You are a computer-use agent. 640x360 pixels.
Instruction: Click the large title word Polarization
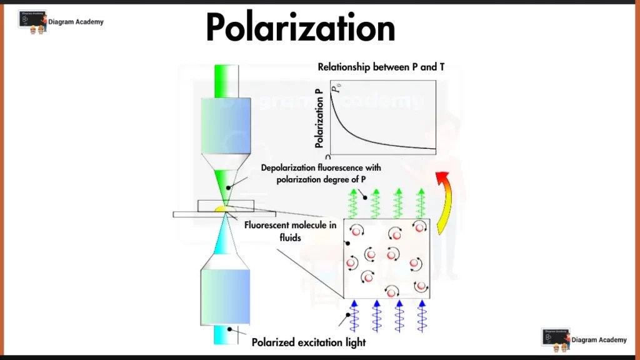[301, 28]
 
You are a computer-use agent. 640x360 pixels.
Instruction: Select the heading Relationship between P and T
[381, 67]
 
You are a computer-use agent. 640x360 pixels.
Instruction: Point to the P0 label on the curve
[336, 89]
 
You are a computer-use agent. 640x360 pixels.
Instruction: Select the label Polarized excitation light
[308, 342]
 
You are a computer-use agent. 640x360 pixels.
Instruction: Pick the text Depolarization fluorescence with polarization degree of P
[321, 174]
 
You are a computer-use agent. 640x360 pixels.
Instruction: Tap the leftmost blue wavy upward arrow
[354, 316]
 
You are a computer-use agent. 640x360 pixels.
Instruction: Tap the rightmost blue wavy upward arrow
[422, 316]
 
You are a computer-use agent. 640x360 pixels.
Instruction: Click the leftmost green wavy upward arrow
[353, 203]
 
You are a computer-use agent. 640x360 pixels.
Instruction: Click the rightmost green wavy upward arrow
[421, 203]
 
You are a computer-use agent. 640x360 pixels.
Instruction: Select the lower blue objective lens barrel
[224, 296]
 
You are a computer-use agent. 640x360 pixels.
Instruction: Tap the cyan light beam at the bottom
[223, 336]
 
